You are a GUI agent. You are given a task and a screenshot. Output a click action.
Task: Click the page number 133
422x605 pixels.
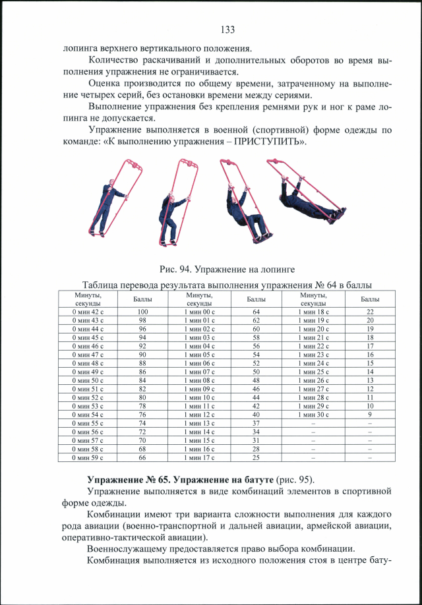pos(227,30)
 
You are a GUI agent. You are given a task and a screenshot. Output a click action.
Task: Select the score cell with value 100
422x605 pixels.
pos(142,311)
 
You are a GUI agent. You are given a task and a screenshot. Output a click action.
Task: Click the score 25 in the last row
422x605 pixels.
pos(256,457)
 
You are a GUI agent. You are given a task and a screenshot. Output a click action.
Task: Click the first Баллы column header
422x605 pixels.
pos(142,299)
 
